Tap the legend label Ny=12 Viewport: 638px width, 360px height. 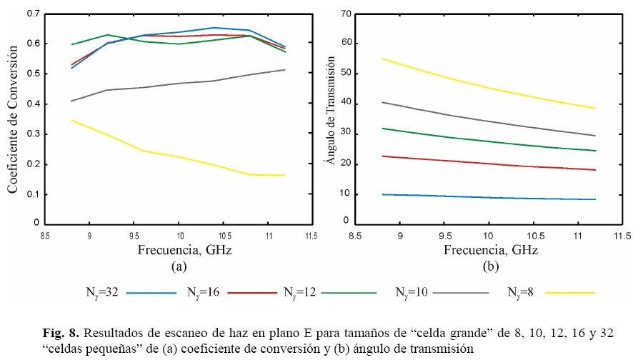pos(298,291)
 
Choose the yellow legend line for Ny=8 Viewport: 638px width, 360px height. pos(569,292)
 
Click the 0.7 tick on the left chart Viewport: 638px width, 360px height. pos(31,14)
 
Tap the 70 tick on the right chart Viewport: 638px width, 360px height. pos(346,14)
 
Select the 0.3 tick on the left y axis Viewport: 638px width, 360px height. pos(31,134)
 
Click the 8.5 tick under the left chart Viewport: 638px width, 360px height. pos(44,235)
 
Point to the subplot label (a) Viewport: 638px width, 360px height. pos(179,266)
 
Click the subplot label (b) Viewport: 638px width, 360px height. pos(490,266)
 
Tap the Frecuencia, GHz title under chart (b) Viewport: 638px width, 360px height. pos(490,250)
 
